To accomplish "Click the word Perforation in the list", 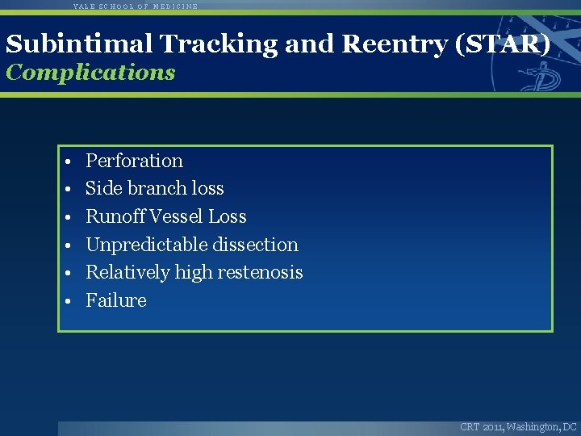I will click(x=134, y=161).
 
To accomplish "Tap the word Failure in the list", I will click(x=116, y=300).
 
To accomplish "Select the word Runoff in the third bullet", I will click(x=112, y=216).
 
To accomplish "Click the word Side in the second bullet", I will click(x=102, y=188).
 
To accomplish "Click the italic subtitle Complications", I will click(x=90, y=72).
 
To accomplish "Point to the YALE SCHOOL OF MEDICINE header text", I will click(x=135, y=6).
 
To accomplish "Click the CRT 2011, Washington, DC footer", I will click(x=518, y=426).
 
